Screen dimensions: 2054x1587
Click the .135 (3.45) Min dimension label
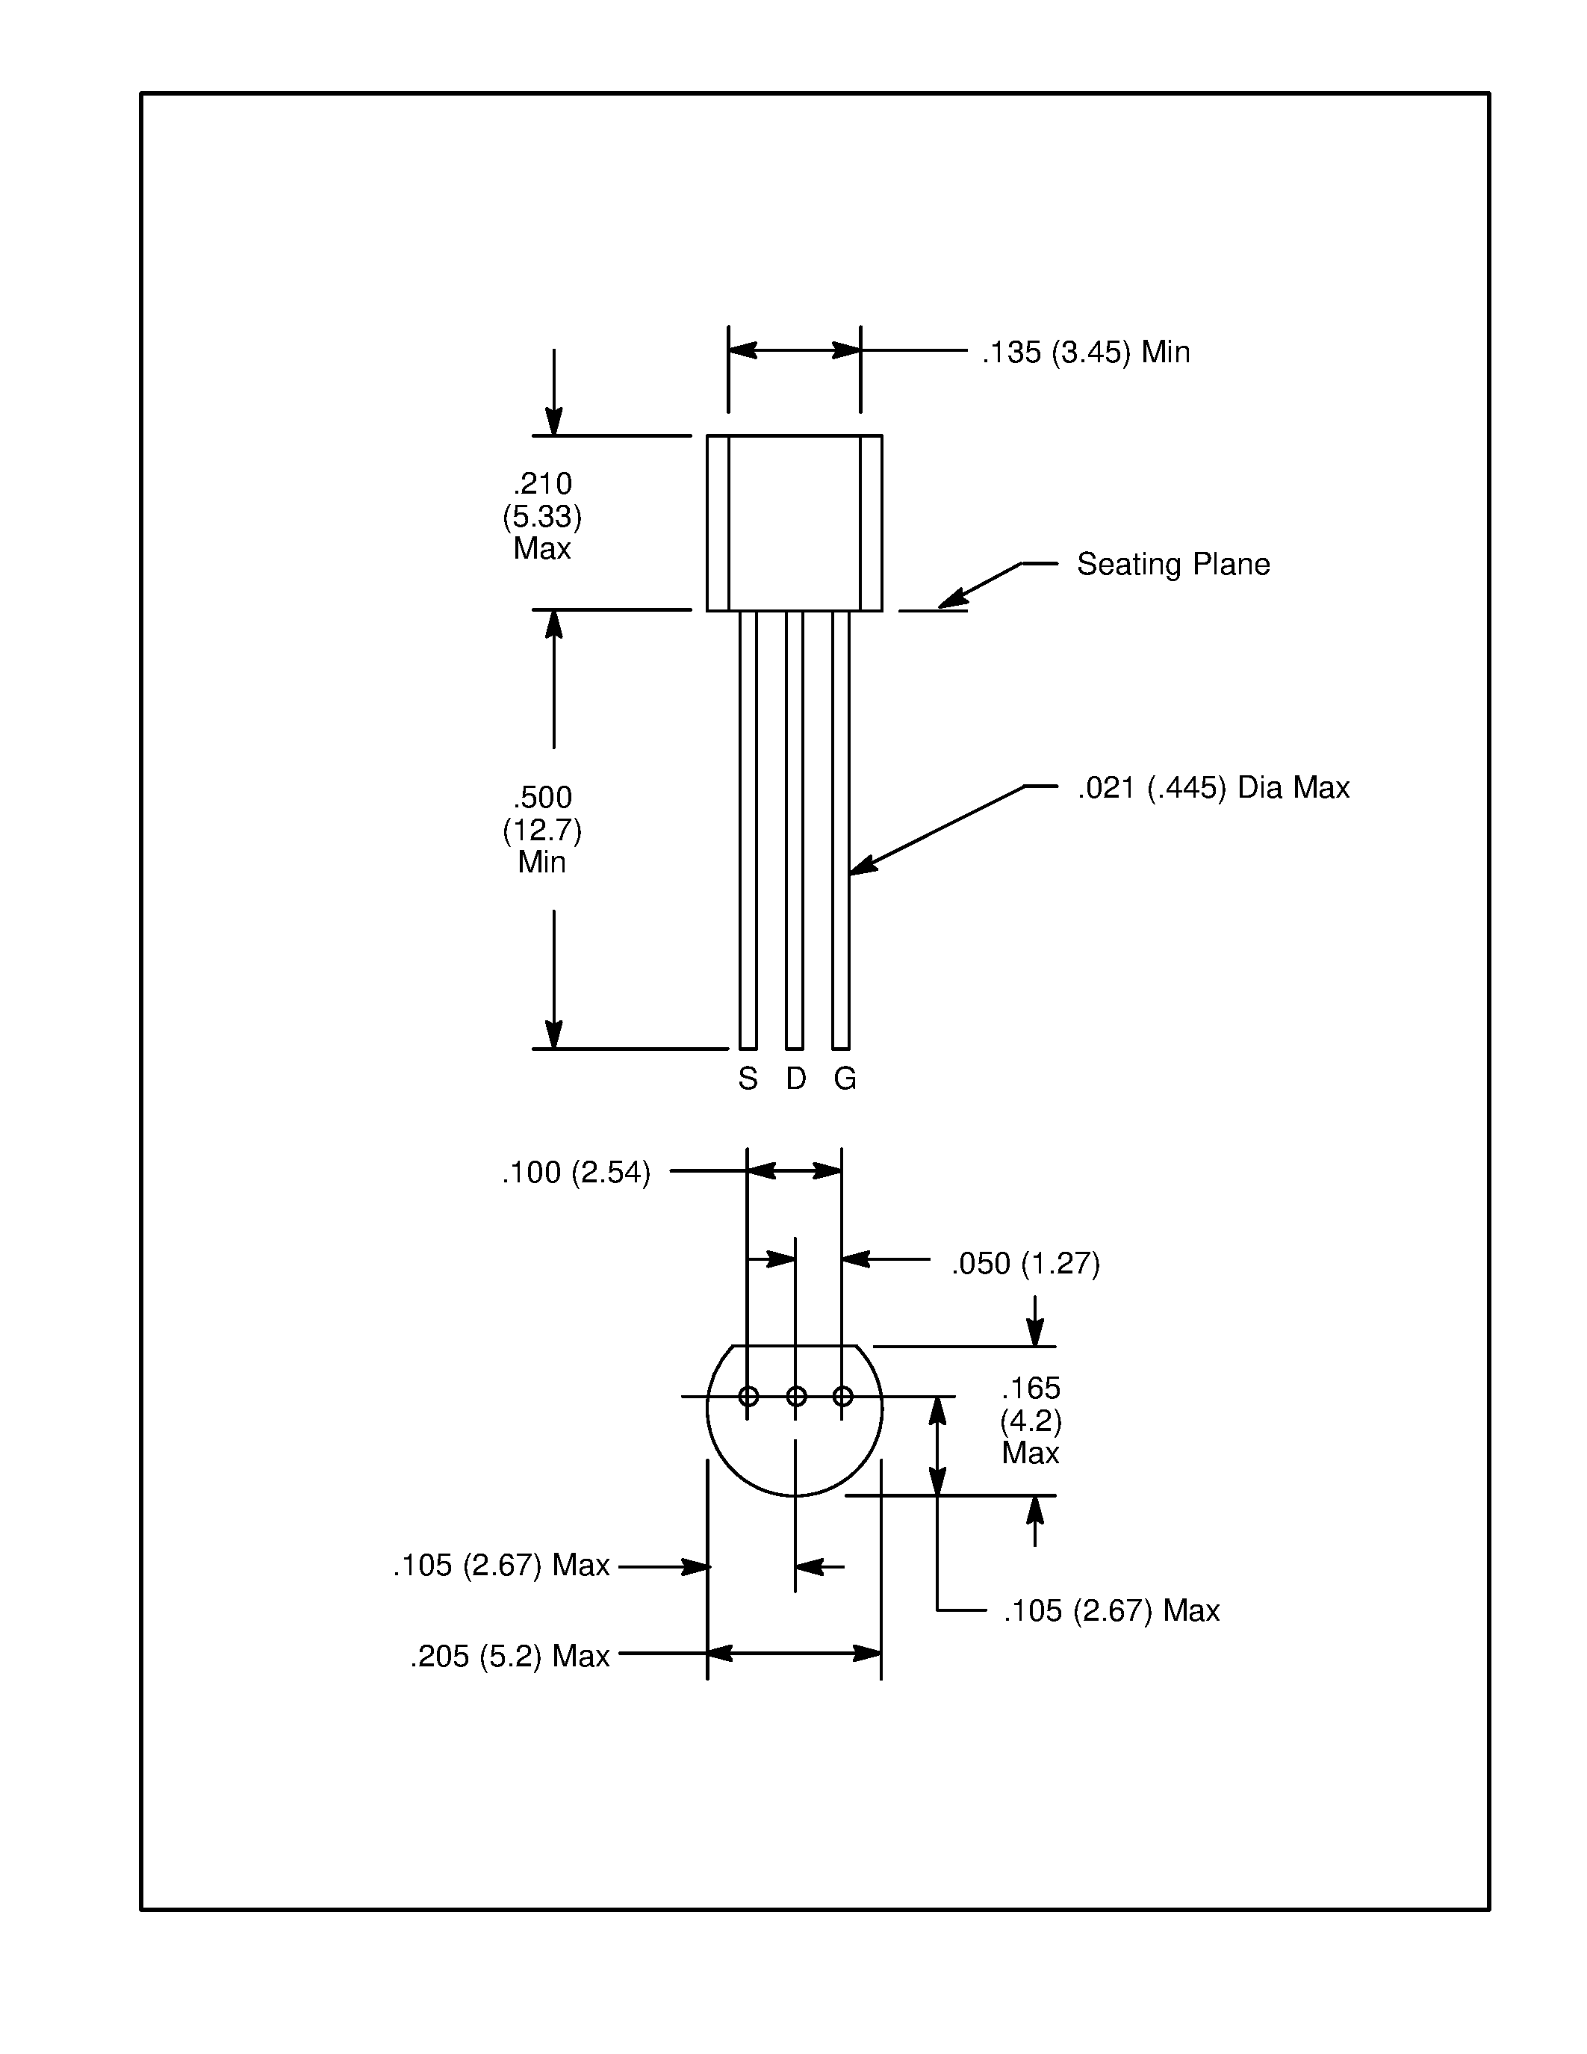coord(1086,353)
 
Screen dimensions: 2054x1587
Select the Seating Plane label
coord(1173,564)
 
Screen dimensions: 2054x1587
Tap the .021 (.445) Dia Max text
coord(1213,787)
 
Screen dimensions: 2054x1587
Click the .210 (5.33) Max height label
coord(542,515)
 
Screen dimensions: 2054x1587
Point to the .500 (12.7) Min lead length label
coord(542,830)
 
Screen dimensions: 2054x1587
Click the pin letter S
coord(748,1079)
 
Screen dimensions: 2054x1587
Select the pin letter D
coord(795,1079)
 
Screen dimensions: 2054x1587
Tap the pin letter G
coord(844,1079)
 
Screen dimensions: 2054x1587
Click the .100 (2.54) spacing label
coord(575,1173)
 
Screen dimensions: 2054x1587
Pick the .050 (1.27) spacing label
coord(1025,1263)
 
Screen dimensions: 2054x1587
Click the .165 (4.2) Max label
coord(1031,1420)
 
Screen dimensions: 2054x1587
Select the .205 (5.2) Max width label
coord(509,1656)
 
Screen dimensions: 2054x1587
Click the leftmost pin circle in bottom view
coord(748,1397)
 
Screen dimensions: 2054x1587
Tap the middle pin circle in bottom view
coord(795,1397)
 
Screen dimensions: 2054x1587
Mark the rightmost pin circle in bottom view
coord(842,1397)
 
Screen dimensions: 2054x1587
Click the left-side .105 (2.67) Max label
coord(501,1565)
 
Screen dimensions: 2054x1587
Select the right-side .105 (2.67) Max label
coord(1111,1611)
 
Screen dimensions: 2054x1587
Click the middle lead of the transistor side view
coord(795,828)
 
